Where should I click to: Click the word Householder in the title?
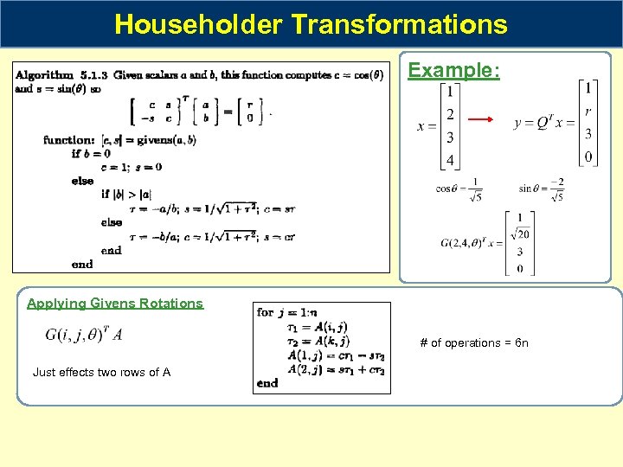pyautogui.click(x=198, y=24)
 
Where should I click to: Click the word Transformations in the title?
pyautogui.click(x=400, y=24)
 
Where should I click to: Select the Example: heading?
pyautogui.click(x=453, y=70)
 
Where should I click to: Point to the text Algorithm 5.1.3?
pyautogui.click(x=61, y=75)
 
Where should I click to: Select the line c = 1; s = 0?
pyautogui.click(x=131, y=167)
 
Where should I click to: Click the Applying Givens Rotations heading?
pyautogui.click(x=115, y=304)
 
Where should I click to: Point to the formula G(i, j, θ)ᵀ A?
pyautogui.click(x=84, y=335)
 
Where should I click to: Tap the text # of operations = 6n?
pyautogui.click(x=473, y=343)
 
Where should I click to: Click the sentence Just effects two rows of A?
pyautogui.click(x=101, y=373)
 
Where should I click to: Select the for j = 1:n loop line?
pyautogui.click(x=287, y=312)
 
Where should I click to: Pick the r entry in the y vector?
pyautogui.click(x=588, y=111)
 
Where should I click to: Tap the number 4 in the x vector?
pyautogui.click(x=449, y=160)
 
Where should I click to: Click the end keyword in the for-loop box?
pyautogui.click(x=268, y=382)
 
